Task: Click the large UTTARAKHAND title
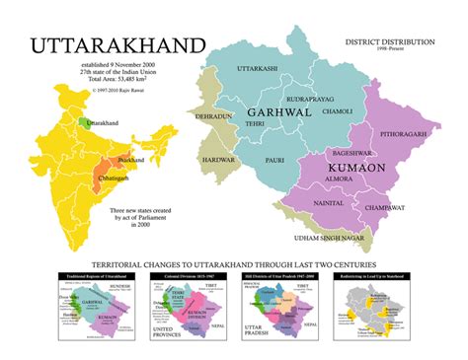[117, 47]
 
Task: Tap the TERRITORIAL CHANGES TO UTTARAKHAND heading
[234, 265]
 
